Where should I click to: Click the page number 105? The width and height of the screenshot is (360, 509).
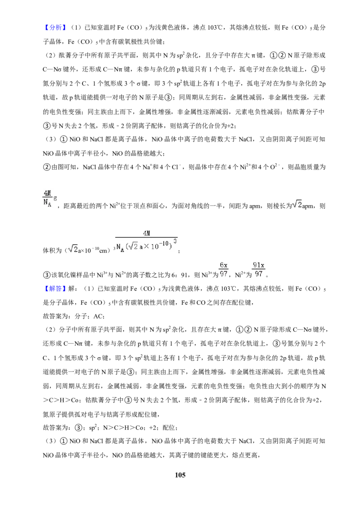[180, 475]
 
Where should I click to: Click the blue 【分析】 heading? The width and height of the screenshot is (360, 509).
[54, 27]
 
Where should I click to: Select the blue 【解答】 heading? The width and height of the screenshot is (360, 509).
[54, 289]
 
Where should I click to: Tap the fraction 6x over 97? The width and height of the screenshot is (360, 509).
[224, 269]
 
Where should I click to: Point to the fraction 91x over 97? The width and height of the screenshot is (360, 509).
[259, 269]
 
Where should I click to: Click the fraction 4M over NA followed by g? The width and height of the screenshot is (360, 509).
[49, 199]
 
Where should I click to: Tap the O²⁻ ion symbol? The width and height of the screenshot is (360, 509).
[274, 167]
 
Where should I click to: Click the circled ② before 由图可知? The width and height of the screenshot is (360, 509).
[46, 167]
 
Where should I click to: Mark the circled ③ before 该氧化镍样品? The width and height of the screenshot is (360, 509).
[46, 275]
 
